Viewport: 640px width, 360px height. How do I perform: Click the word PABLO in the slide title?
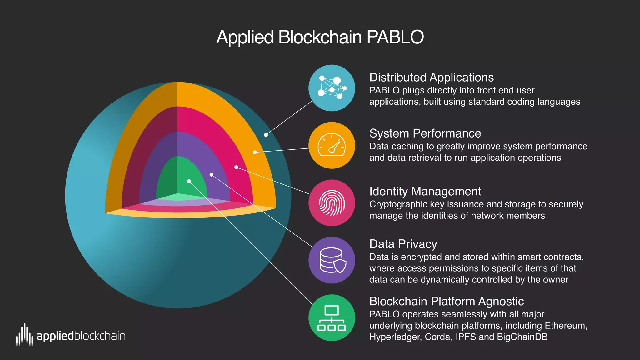click(395, 37)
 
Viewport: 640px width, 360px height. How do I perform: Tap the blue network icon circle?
click(332, 88)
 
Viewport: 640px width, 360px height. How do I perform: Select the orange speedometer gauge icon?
click(332, 146)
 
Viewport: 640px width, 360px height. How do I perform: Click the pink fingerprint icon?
click(332, 203)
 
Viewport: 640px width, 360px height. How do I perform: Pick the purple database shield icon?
click(332, 260)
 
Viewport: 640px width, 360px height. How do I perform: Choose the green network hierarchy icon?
click(332, 318)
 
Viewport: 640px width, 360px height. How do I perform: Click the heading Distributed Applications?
click(431, 77)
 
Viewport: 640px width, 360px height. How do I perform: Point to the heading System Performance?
click(425, 133)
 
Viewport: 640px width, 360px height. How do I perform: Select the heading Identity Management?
click(425, 191)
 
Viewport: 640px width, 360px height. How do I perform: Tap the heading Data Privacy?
click(403, 244)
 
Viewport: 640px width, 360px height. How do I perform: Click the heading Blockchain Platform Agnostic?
click(446, 301)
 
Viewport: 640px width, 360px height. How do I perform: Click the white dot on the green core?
click(189, 181)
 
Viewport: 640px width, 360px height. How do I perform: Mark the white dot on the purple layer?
click(212, 175)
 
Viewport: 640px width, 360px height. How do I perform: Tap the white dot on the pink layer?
click(236, 167)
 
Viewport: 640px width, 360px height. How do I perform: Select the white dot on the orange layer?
click(255, 152)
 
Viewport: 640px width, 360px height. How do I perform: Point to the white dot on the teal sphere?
click(266, 135)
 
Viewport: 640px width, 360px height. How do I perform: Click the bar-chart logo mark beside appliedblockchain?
click(24, 335)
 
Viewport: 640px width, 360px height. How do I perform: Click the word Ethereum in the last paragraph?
click(566, 326)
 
